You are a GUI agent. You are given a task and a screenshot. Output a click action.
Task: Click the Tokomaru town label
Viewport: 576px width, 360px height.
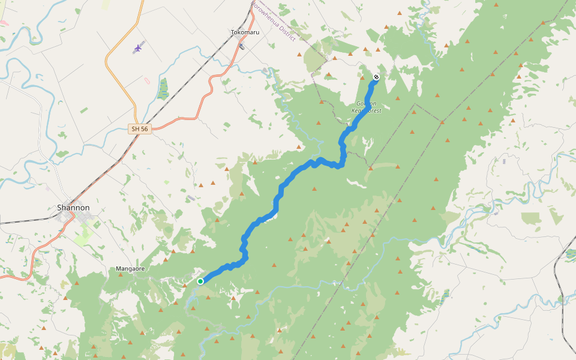click(x=245, y=32)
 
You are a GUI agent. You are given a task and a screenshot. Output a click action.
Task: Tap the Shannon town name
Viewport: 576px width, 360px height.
click(x=73, y=208)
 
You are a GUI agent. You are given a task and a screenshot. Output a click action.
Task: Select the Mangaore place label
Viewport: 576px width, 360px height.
click(x=130, y=269)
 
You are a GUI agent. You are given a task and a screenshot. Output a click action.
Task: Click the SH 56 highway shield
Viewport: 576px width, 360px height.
click(x=139, y=128)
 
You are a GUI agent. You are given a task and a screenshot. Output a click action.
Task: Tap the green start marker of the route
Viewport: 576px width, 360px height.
click(x=200, y=281)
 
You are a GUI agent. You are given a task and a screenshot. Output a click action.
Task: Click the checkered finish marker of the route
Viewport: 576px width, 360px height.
click(x=376, y=77)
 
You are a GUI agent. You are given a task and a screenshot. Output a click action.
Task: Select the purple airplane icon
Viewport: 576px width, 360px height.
click(x=139, y=47)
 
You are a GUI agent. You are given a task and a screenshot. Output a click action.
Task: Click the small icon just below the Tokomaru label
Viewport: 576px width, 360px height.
click(x=241, y=46)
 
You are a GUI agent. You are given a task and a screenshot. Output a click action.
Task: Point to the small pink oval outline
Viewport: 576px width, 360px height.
click(x=147, y=80)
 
